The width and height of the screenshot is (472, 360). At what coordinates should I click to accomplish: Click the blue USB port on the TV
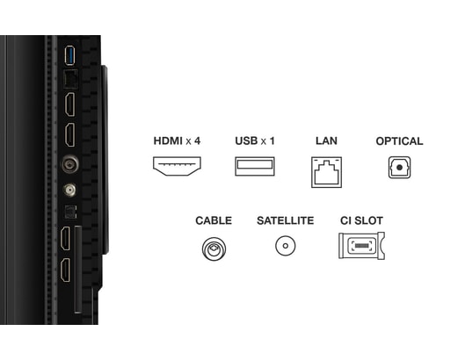tap(69, 55)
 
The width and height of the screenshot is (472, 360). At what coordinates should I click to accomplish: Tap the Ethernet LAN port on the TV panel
tap(70, 79)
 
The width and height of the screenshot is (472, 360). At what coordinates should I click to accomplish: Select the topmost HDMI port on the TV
tap(70, 104)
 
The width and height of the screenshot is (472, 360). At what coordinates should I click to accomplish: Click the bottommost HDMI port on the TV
tap(66, 270)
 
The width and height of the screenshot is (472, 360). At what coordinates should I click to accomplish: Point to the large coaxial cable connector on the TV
tap(70, 164)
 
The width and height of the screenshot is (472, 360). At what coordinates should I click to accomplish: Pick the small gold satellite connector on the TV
tap(69, 190)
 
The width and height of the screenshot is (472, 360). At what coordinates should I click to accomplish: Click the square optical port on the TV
tap(71, 212)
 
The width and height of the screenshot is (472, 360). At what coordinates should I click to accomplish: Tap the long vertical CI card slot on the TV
tap(78, 270)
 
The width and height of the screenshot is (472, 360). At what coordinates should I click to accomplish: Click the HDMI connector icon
tap(177, 166)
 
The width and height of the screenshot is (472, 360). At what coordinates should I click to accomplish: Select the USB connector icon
tap(255, 166)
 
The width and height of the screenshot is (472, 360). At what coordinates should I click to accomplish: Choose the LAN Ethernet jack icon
tap(326, 172)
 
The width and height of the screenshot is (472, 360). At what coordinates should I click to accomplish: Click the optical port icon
tap(399, 167)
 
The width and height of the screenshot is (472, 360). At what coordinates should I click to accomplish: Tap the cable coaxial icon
tap(214, 248)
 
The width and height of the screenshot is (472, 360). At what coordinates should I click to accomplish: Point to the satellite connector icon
tap(286, 246)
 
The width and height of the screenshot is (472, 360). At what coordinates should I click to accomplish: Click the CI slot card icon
tap(361, 246)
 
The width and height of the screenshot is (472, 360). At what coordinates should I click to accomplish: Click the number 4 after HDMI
tap(197, 140)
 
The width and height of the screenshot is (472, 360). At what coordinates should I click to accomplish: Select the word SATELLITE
tap(286, 220)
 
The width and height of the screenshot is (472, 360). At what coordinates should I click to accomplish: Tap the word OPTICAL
tap(399, 141)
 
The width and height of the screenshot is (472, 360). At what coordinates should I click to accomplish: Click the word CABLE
tap(214, 220)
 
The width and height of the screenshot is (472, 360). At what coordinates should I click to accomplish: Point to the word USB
tap(246, 140)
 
